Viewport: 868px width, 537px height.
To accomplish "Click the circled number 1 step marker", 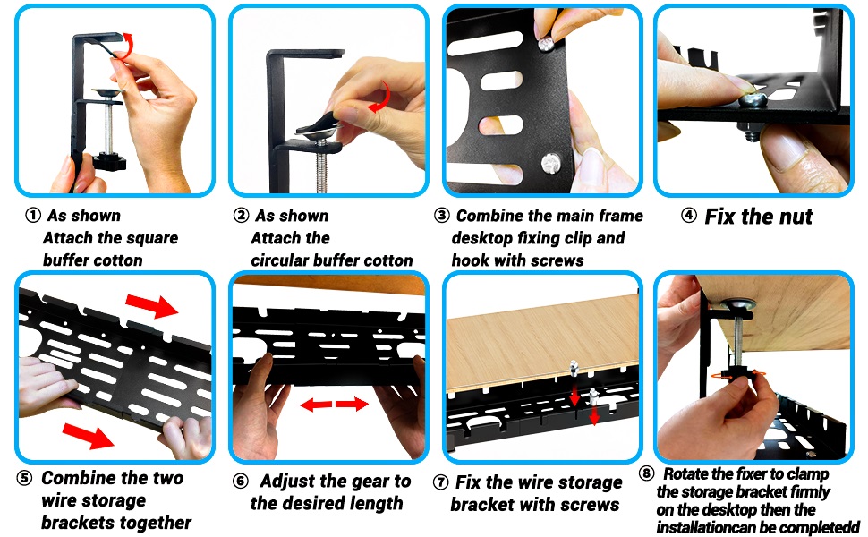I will (x=33, y=216).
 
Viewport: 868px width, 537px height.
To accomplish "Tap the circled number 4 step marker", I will (x=689, y=215).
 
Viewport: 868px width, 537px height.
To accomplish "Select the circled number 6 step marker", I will (x=240, y=482).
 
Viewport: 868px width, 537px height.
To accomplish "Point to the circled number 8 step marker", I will (x=648, y=473).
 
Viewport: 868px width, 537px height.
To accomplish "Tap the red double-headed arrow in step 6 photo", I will (x=334, y=405).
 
